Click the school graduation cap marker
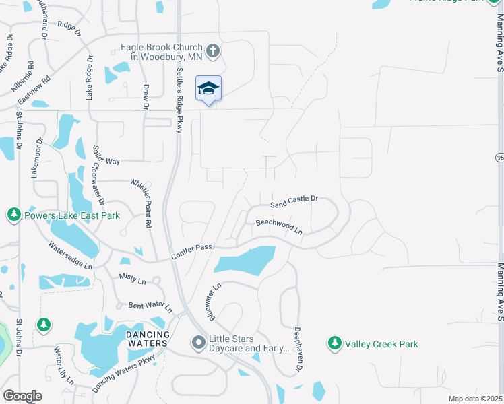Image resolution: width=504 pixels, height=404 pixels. tap(208, 88)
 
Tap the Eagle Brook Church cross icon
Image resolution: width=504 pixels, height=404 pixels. tap(213, 50)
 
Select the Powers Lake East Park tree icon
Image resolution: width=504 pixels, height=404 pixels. tap(13, 215)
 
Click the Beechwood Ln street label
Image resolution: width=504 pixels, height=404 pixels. tap(279, 226)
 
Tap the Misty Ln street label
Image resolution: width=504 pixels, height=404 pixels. tap(132, 278)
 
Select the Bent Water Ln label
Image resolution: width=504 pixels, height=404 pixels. tap(150, 307)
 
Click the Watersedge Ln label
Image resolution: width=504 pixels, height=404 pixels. tap(71, 256)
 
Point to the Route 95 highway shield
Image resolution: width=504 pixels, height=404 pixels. tap(499, 157)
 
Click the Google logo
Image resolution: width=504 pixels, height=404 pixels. tap(22, 395)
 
